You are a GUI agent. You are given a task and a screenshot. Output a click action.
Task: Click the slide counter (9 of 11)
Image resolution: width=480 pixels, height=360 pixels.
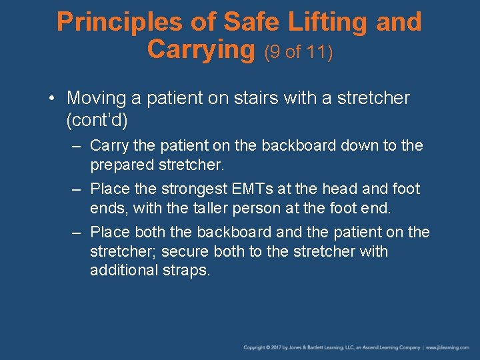click(299, 52)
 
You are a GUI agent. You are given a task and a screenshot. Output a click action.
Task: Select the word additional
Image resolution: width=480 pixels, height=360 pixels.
click(121, 271)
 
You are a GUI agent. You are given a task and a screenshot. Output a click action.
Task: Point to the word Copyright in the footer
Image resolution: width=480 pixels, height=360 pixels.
click(255, 347)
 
